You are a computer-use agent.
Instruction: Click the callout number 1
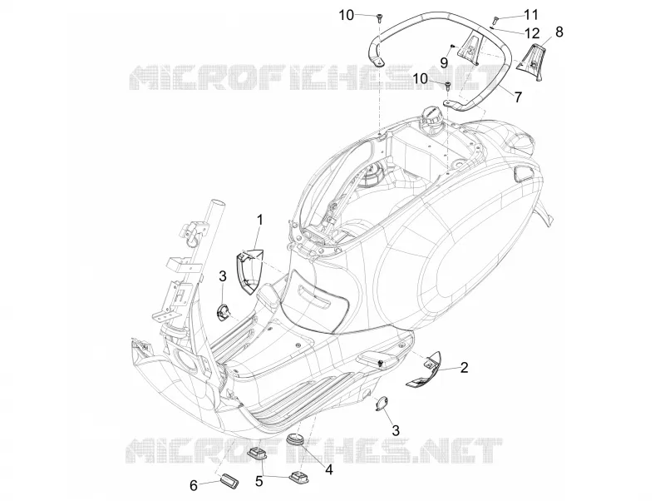[260, 220]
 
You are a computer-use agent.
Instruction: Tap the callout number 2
[464, 367]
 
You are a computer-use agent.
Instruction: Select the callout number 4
[328, 469]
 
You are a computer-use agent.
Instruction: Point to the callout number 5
[259, 481]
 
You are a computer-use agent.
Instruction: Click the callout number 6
[194, 486]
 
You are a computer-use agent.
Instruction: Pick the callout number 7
[518, 97]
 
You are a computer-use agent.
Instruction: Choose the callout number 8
[559, 32]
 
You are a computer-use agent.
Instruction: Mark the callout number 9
[444, 63]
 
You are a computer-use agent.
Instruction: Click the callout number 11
[531, 15]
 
